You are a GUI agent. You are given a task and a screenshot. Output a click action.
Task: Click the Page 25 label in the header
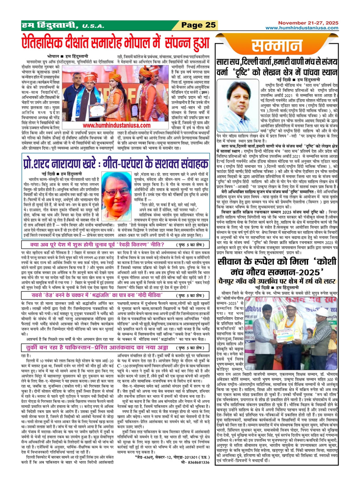(199, 25)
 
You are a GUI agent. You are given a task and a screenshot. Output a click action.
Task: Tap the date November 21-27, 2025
(308, 23)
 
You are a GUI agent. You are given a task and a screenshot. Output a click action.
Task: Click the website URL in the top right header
(302, 28)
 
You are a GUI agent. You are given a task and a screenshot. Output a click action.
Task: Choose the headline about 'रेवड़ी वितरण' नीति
(97, 244)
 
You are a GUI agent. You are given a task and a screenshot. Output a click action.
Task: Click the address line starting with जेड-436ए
(172, 457)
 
